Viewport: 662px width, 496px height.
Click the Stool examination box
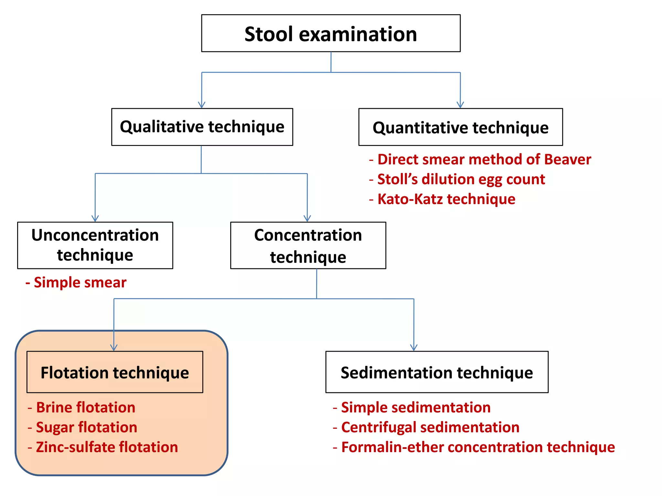331,33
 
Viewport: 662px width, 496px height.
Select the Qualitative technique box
202,127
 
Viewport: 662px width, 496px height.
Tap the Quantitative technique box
460,127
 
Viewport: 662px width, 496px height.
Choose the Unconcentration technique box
95,245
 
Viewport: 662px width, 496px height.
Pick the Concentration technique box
308,245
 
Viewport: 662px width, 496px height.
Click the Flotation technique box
115,372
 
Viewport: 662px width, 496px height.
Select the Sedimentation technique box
437,372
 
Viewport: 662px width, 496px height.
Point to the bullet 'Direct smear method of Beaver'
484,160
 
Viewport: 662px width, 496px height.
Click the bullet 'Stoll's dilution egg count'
461,179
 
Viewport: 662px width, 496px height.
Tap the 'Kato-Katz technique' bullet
446,199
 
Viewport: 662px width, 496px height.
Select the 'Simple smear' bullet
80,283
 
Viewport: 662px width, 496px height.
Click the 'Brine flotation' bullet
85,408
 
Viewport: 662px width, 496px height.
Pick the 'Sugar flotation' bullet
86,427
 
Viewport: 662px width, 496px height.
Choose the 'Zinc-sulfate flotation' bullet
107,447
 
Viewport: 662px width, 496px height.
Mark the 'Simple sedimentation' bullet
416,408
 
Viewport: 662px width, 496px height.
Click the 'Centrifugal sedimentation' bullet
430,427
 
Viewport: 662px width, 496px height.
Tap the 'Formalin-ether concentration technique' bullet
478,447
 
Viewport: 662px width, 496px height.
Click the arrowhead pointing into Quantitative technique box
460,105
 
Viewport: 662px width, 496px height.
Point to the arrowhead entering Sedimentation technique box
414,347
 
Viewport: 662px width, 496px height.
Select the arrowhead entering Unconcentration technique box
95,219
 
